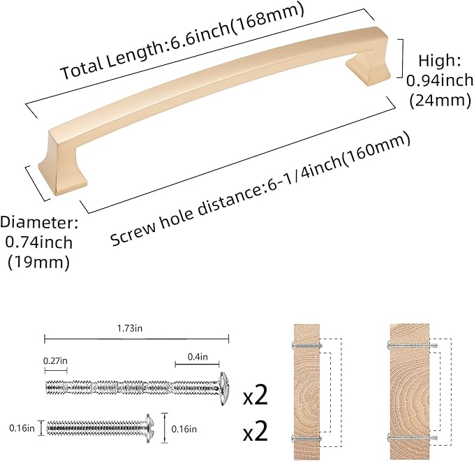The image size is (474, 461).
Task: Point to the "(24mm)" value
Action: click(437, 100)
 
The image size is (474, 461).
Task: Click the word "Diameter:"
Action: click(38, 224)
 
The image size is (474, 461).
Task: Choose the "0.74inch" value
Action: click(38, 243)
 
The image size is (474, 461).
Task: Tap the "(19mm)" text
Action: click(38, 263)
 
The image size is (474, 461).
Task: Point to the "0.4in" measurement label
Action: click(197, 357)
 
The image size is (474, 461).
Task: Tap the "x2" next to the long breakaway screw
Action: click(256, 397)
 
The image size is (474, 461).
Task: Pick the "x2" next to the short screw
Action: click(256, 431)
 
